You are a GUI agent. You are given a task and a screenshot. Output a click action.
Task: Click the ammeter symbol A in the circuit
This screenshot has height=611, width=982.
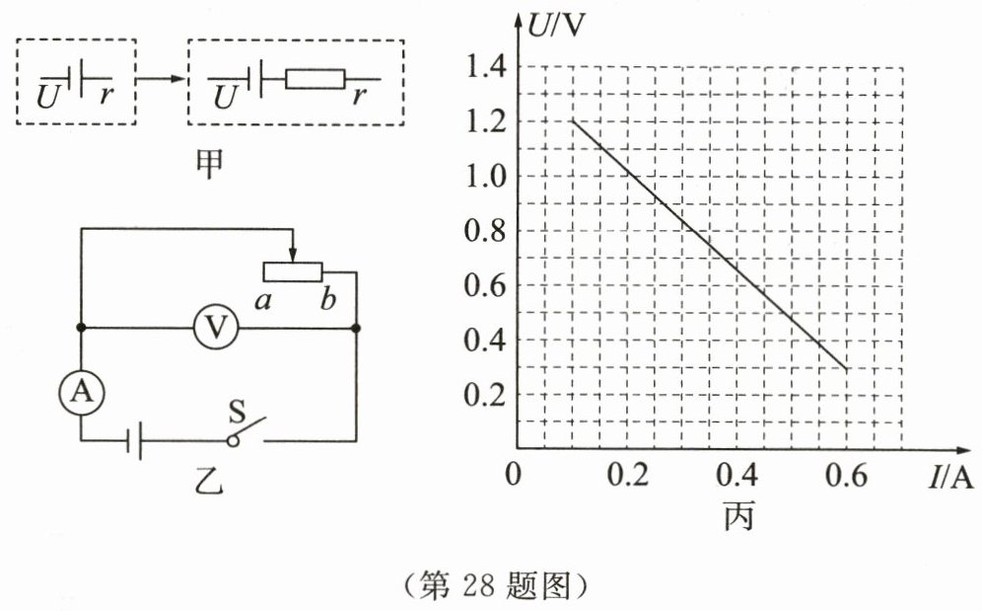pyautogui.click(x=81, y=393)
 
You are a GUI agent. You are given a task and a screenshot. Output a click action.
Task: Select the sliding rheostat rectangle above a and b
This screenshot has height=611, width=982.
pyautogui.click(x=292, y=270)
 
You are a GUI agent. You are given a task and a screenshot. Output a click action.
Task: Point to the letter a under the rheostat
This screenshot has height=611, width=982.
pyautogui.click(x=262, y=301)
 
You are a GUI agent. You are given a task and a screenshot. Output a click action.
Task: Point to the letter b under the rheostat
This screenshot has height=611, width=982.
pyautogui.click(x=327, y=301)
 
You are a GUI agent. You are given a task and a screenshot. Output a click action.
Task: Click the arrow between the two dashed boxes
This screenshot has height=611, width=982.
pyautogui.click(x=161, y=79)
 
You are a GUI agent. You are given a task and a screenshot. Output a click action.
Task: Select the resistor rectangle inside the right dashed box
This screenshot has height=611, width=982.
pyautogui.click(x=315, y=79)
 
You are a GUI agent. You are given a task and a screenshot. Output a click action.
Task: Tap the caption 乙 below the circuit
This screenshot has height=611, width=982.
pyautogui.click(x=209, y=483)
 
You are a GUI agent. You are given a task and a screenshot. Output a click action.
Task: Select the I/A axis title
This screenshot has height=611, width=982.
pyautogui.click(x=949, y=479)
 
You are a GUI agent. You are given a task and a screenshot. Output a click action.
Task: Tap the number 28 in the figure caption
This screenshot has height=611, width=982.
pyautogui.click(x=468, y=585)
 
